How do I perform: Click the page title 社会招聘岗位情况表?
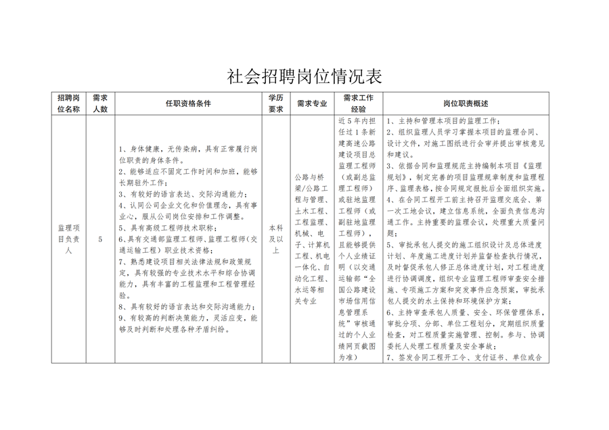pos(304,76)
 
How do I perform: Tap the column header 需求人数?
pos(100,103)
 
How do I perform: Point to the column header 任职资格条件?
pos(189,103)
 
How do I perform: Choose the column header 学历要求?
pos(275,103)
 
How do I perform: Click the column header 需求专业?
pos(312,103)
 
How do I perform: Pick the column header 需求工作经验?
pos(359,103)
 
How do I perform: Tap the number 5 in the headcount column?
pos(100,239)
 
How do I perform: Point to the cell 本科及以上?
pos(275,239)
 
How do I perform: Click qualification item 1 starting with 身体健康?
pos(186,155)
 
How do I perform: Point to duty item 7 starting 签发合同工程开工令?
pos(467,358)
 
